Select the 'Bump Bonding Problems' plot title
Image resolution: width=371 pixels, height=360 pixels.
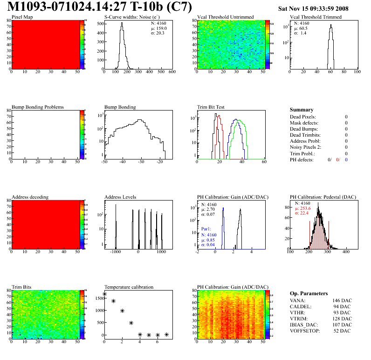(38, 107)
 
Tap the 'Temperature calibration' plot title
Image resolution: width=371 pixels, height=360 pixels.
(129, 287)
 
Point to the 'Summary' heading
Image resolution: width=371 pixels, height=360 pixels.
(302, 110)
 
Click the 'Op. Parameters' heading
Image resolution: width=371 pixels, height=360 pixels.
(309, 293)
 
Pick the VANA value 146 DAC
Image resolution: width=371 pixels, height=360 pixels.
(342, 301)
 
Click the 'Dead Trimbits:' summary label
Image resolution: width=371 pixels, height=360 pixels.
(306, 135)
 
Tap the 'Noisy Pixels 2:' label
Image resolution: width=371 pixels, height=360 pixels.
(308, 147)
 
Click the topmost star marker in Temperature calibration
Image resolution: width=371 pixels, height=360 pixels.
(104, 294)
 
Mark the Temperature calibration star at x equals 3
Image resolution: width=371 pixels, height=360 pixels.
(131, 323)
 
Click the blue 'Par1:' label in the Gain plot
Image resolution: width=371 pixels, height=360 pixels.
(207, 229)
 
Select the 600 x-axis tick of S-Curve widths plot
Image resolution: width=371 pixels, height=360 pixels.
(172, 72)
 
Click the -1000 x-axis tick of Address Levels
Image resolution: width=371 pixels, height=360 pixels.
(115, 252)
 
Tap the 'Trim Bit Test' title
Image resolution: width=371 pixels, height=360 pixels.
(211, 107)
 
